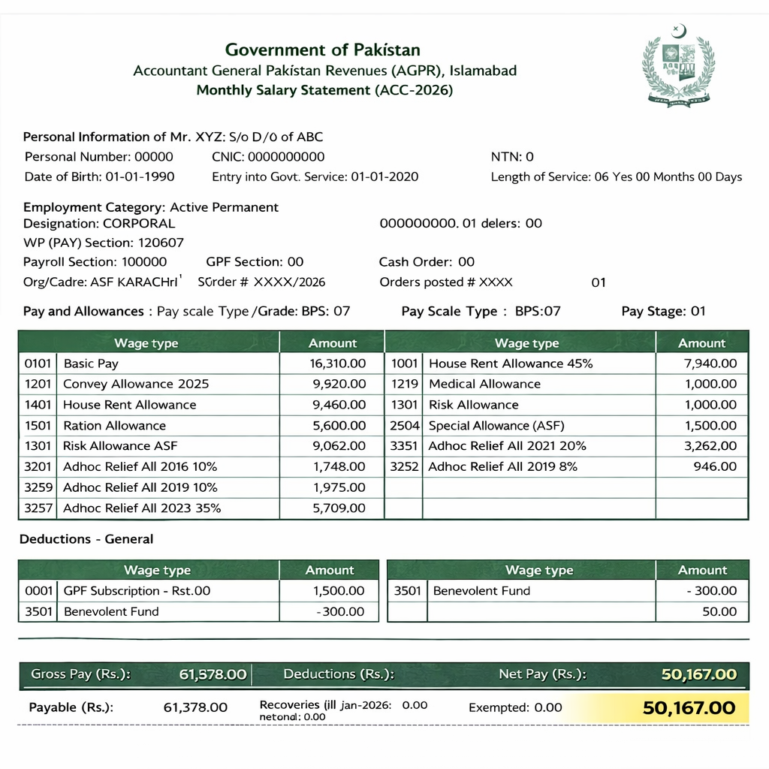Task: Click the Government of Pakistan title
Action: tap(323, 50)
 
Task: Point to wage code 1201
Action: tap(38, 384)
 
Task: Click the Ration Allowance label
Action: tap(114, 425)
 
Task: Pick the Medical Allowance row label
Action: tap(484, 384)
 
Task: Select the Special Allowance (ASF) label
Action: tap(496, 425)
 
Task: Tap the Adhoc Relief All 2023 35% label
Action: tap(142, 508)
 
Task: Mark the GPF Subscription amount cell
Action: tap(338, 591)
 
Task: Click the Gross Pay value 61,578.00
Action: tap(213, 674)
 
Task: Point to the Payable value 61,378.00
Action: tap(195, 707)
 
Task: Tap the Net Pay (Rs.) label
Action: tap(542, 674)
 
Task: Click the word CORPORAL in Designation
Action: tap(138, 223)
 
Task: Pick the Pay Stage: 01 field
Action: tap(663, 312)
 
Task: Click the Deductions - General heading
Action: tap(86, 539)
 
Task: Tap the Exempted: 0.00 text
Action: tap(515, 707)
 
